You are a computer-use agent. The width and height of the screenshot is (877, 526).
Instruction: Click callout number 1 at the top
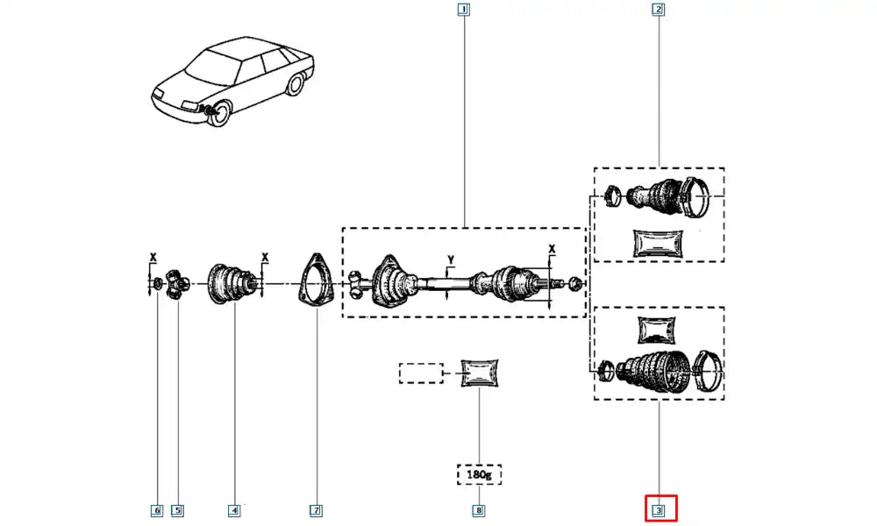[x=463, y=11]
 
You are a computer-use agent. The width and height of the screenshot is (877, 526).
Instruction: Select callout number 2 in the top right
[x=658, y=11]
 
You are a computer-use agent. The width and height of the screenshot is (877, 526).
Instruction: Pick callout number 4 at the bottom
[x=234, y=509]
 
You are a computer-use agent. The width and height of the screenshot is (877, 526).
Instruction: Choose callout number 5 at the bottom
[x=177, y=509]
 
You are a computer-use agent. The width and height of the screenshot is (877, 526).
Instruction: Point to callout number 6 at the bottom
[x=157, y=509]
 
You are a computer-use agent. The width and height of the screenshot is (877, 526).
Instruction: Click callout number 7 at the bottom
[x=316, y=509]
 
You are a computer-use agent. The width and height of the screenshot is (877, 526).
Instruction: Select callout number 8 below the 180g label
[x=479, y=509]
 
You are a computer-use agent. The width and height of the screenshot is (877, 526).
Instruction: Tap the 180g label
[x=479, y=475]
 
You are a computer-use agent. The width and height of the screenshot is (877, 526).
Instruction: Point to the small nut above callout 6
[x=156, y=283]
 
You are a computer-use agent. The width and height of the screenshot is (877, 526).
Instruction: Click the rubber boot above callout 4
[x=231, y=283]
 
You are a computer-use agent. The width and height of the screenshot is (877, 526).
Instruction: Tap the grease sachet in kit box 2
[x=658, y=242]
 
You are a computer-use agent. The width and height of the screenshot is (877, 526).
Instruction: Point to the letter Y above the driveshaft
[x=450, y=259]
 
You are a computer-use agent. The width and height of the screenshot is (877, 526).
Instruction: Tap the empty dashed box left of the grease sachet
[x=422, y=373]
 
